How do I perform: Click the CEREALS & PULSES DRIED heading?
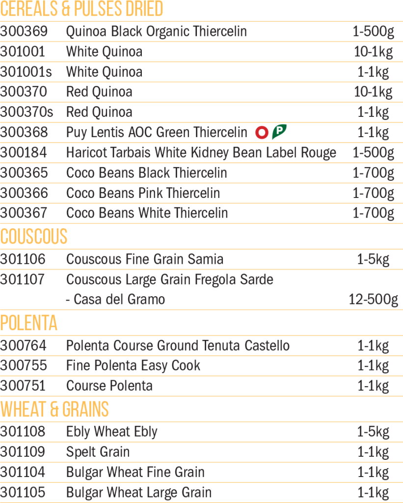(x=82, y=9)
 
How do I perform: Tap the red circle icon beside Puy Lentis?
(x=262, y=133)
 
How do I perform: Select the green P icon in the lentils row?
(x=279, y=132)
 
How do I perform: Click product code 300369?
(x=24, y=31)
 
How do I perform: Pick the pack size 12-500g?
(x=373, y=300)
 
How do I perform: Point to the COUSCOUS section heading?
(x=34, y=236)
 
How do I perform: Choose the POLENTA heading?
(x=29, y=323)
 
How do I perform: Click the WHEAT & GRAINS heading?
(x=54, y=409)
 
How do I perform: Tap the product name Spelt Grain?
(x=98, y=452)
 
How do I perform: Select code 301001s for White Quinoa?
(x=26, y=72)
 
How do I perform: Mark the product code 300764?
(x=23, y=346)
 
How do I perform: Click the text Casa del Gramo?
(x=119, y=300)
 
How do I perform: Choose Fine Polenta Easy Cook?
(x=133, y=366)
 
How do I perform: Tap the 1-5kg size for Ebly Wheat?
(x=373, y=432)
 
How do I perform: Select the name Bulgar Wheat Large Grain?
(x=139, y=493)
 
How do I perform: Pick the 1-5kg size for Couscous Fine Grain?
(x=373, y=259)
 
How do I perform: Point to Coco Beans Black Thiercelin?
(x=146, y=173)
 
